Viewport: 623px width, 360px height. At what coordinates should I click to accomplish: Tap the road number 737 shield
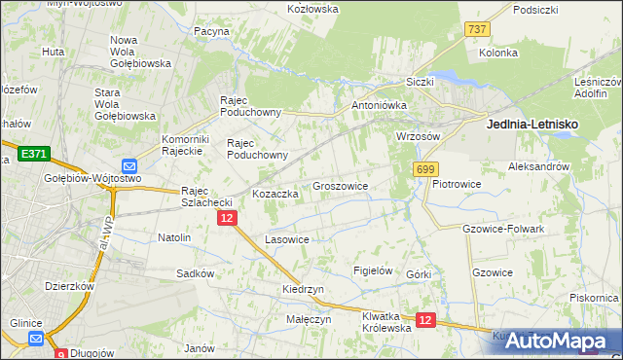[477, 30]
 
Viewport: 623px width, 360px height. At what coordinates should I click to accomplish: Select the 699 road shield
[425, 170]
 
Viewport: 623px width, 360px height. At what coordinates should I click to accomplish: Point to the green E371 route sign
[33, 154]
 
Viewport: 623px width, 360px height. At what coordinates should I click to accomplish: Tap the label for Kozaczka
[275, 194]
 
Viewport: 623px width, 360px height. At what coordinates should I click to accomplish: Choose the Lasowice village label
[287, 238]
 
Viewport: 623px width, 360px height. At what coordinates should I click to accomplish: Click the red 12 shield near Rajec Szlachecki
[226, 221]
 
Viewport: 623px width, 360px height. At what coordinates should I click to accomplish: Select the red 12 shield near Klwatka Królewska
[425, 319]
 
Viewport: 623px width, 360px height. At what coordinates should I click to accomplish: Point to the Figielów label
[373, 270]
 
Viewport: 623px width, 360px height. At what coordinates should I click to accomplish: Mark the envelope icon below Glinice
[36, 338]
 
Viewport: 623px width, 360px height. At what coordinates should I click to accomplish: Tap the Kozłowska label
[312, 9]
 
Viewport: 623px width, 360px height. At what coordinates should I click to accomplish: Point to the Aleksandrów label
[538, 167]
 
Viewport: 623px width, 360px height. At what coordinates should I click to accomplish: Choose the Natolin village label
[174, 236]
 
